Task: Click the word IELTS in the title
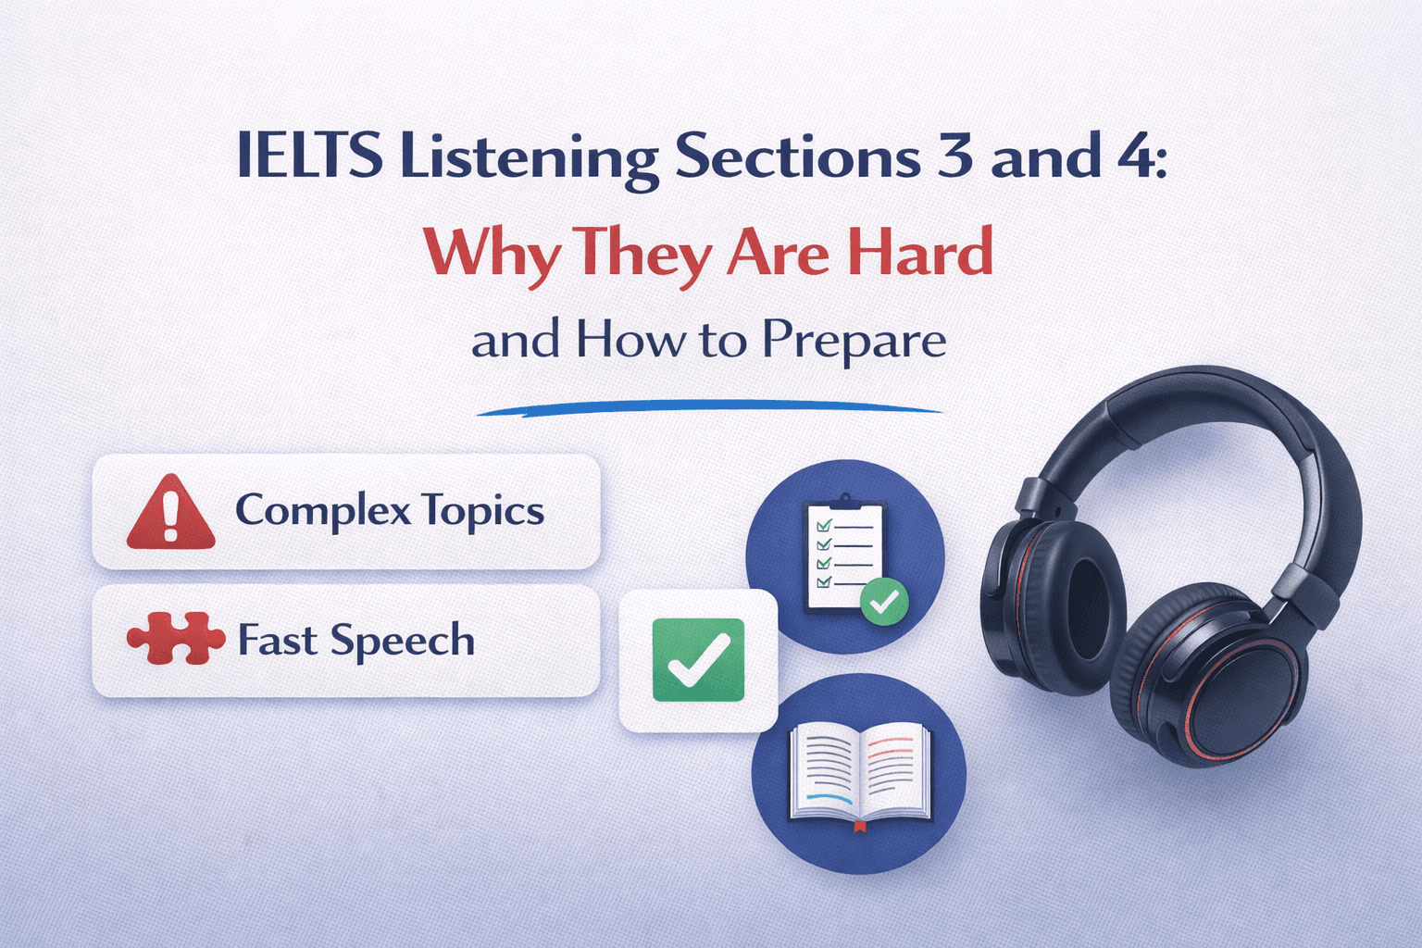pos(309,156)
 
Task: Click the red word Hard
pos(920,252)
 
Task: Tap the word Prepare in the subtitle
pos(854,340)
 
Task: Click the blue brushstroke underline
pos(709,407)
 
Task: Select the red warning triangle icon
pos(170,512)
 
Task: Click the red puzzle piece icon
pos(176,639)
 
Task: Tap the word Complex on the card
pos(321,510)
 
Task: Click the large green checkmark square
pos(698,660)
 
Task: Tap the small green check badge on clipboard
pos(884,602)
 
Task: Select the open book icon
pos(859,773)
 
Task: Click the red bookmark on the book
pos(859,825)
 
